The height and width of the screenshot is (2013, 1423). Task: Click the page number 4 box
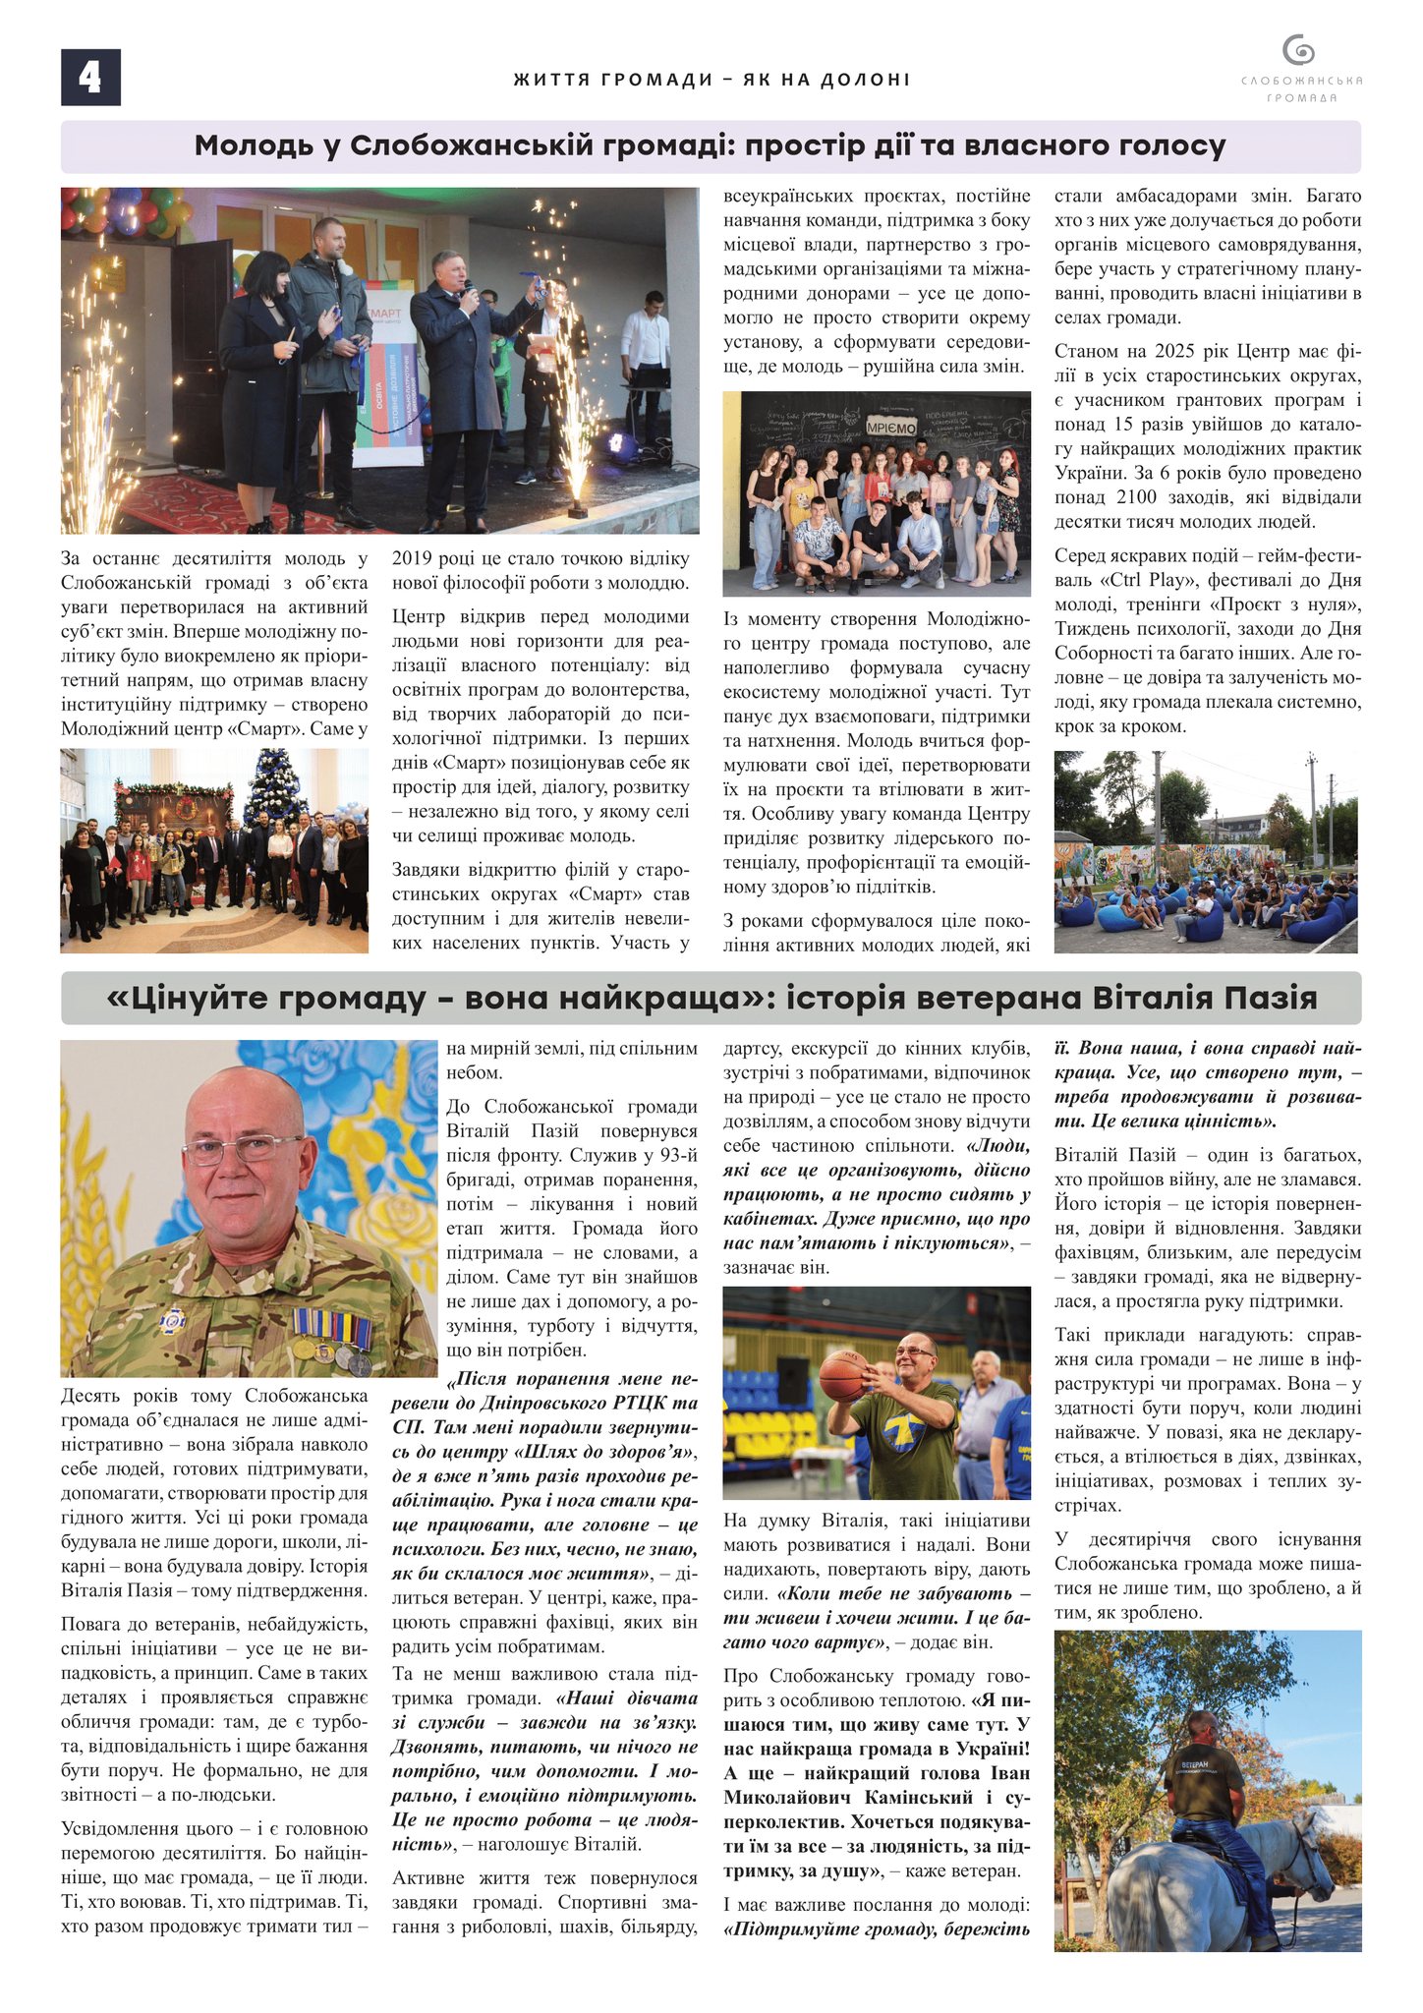pos(90,78)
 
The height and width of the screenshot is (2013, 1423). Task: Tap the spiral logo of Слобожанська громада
pos(1299,50)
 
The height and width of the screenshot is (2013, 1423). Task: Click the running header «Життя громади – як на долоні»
pos(711,80)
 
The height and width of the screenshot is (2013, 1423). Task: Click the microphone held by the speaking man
pos(470,290)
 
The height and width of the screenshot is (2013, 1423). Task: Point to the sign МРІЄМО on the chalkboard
pos(890,429)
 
